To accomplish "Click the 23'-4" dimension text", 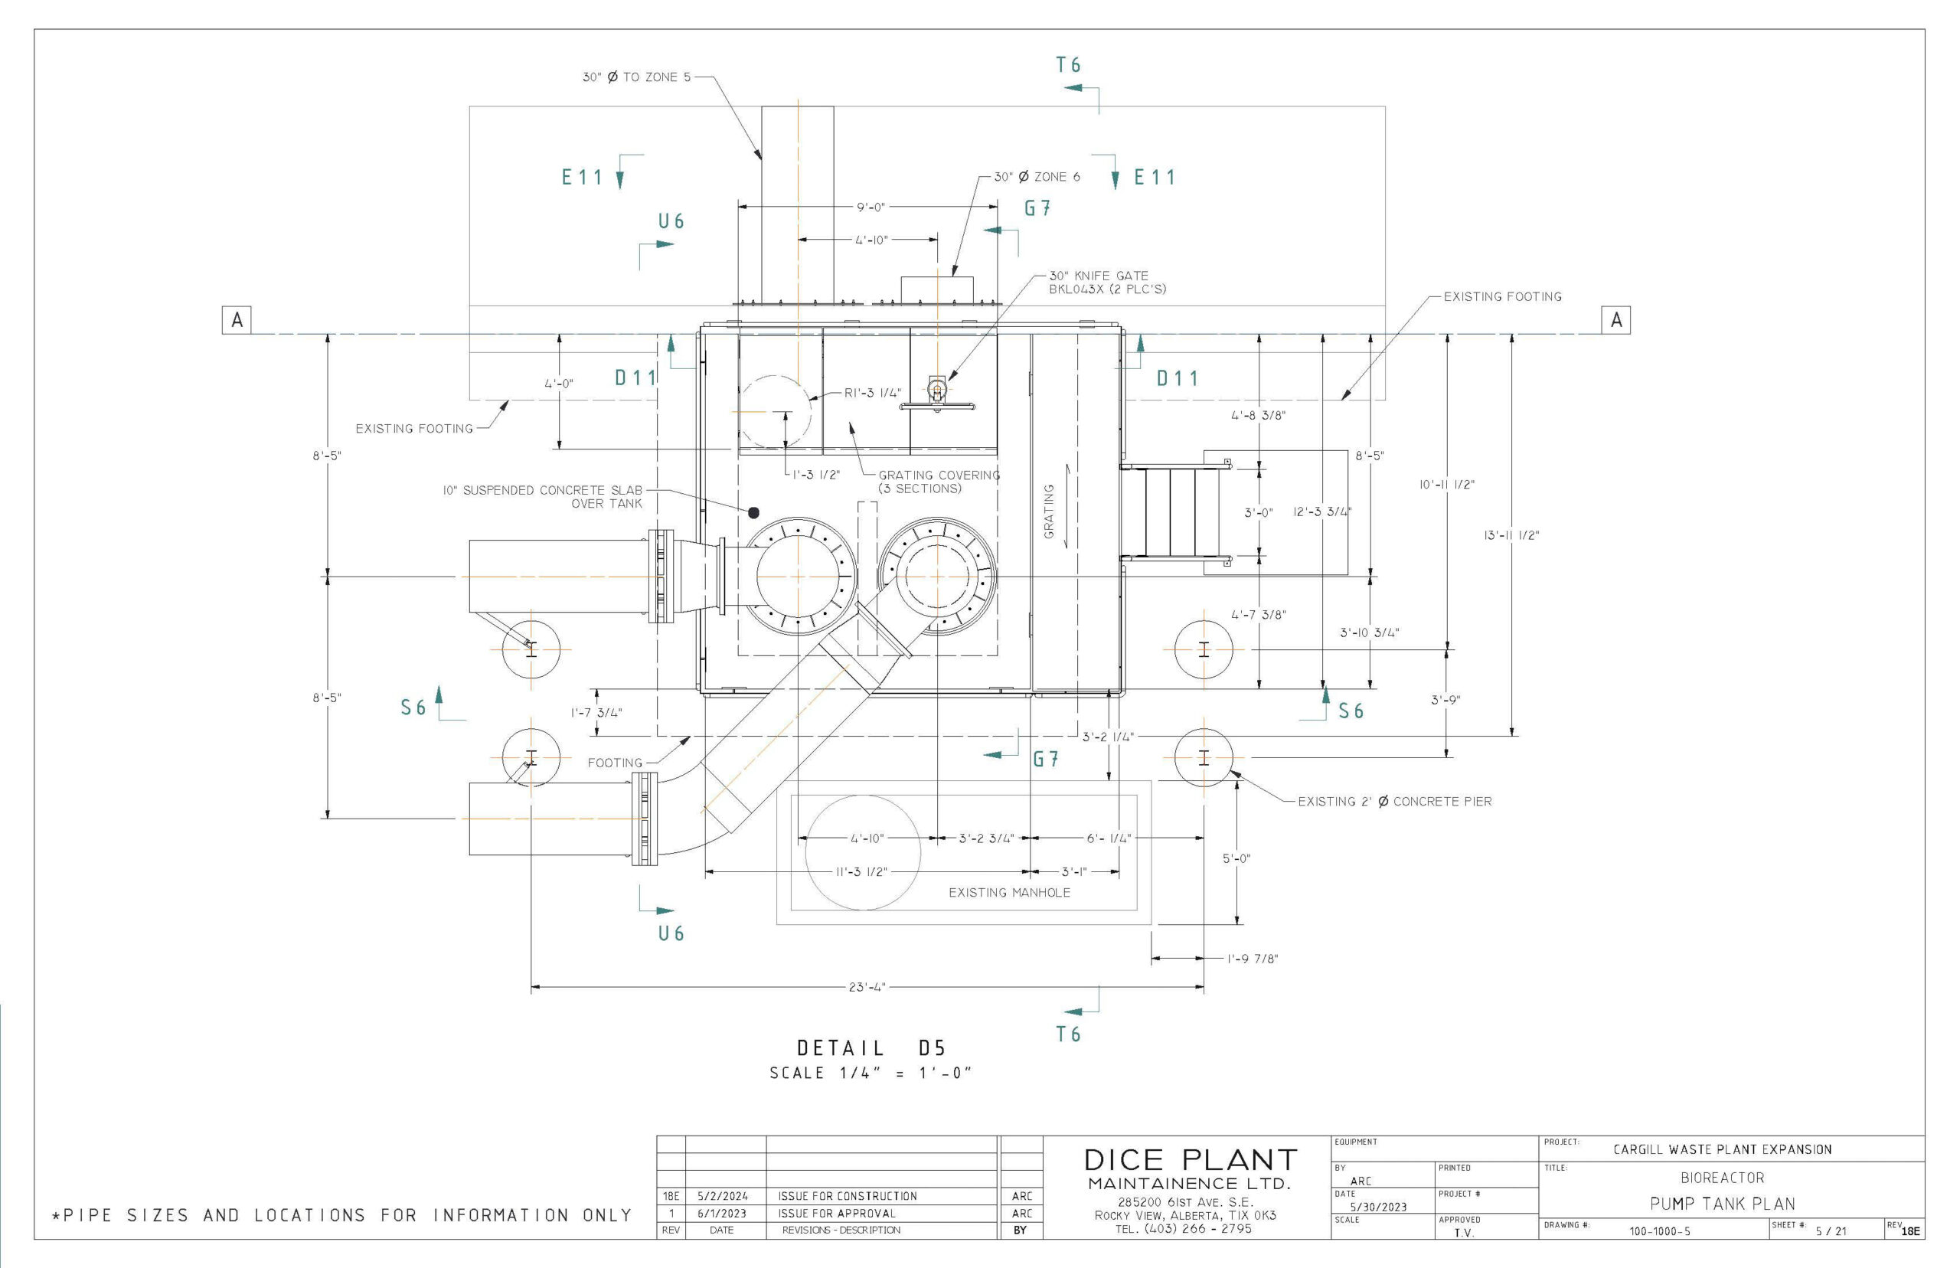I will point(866,986).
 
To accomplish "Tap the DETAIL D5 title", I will point(871,1048).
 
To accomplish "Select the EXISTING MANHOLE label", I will point(1008,893).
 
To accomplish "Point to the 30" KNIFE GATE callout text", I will point(1106,283).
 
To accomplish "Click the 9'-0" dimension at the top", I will point(870,208).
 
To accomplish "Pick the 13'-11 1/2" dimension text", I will point(1511,535).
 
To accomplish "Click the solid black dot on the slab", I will point(753,512).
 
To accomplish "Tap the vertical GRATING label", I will point(1049,511).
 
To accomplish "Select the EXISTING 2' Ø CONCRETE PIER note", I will point(1393,801).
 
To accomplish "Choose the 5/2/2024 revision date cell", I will point(722,1195).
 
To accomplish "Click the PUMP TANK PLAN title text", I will point(1721,1204).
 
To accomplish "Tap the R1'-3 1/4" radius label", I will point(873,393).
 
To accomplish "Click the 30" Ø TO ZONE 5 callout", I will point(636,77).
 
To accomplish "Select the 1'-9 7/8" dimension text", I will point(1252,959).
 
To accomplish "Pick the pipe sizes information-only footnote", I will point(341,1215).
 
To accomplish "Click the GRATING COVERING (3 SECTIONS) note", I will point(939,482).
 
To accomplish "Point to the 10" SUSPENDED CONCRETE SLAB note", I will point(543,496).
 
